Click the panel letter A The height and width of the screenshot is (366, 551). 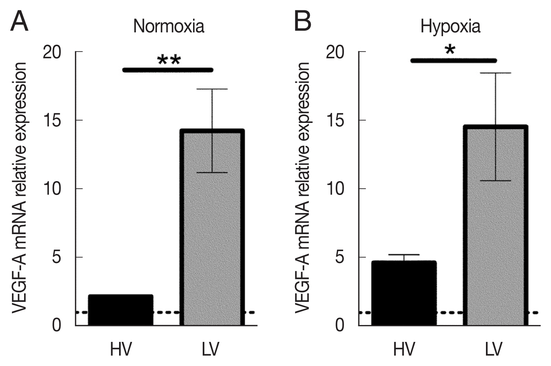tap(19, 21)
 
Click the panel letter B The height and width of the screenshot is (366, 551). tap(303, 21)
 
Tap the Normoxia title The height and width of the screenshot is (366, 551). tap(169, 27)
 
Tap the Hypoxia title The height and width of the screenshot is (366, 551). tap(451, 27)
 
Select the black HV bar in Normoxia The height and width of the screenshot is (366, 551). tap(120, 310)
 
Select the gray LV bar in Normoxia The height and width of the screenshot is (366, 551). tap(212, 227)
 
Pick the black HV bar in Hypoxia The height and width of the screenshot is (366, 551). tap(404, 293)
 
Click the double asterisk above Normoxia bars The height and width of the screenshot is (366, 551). tap(169, 61)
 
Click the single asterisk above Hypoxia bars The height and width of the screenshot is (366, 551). tap(450, 50)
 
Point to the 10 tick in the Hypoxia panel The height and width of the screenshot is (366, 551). tap(362, 189)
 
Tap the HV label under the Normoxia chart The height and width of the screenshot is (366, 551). tap(121, 349)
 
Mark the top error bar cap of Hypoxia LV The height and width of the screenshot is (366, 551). tap(496, 73)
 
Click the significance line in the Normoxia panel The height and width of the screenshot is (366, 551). tap(168, 70)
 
